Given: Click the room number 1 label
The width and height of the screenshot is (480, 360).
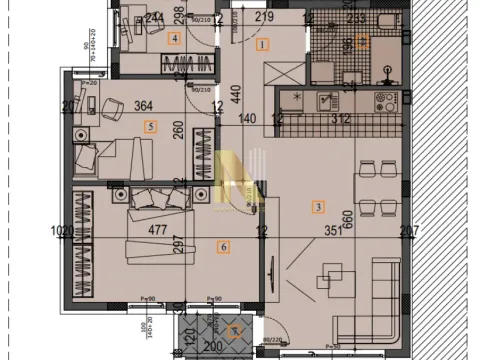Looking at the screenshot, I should click(x=263, y=44).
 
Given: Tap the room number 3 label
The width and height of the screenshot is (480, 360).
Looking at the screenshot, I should click(x=318, y=207).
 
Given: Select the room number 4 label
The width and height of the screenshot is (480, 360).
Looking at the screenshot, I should click(x=175, y=39).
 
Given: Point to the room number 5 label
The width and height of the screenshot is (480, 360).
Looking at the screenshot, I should click(x=151, y=126).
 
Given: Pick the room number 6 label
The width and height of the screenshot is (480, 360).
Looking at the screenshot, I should click(x=223, y=246).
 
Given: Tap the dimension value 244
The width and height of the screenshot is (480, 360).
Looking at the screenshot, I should click(x=153, y=17).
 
